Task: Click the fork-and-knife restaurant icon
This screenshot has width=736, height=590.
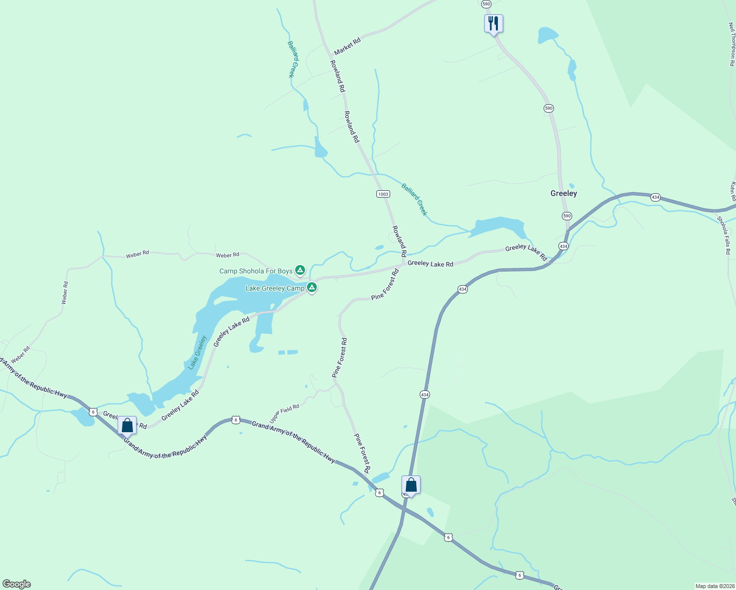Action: point(493,24)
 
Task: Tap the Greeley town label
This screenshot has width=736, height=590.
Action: point(564,193)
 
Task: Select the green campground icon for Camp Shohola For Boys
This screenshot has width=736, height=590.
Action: point(300,270)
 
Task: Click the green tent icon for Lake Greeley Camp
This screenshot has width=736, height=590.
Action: point(311,287)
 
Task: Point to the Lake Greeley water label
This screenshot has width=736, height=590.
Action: point(197,352)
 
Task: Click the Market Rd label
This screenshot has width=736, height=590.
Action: point(347,46)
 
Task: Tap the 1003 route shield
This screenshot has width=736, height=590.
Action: point(383,194)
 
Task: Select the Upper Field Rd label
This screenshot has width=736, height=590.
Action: point(284,413)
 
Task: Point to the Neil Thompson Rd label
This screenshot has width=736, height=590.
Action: point(732,44)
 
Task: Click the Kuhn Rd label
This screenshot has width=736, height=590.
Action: point(733,191)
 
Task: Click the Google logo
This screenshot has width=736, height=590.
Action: point(17,584)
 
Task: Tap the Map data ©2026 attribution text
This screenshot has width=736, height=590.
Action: point(714,586)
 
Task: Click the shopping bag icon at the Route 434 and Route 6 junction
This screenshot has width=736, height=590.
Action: point(411,485)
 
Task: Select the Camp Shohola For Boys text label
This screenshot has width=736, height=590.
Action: point(256,271)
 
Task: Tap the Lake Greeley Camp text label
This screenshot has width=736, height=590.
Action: point(275,288)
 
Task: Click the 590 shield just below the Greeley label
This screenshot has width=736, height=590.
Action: point(567,216)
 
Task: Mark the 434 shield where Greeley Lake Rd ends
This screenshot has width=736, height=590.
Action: point(563,245)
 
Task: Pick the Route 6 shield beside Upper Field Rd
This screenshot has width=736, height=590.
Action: point(236,420)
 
